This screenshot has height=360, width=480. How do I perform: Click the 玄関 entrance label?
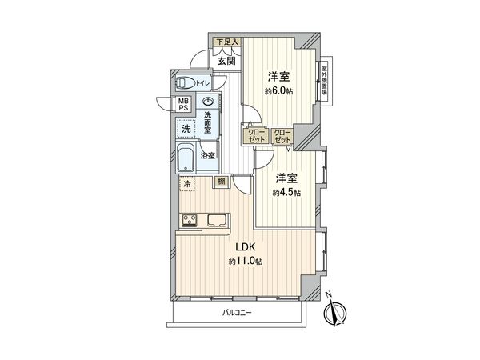pos(226,61)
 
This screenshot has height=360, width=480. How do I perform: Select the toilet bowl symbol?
pos(184,82)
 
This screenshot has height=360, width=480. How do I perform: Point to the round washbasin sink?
pos(208,102)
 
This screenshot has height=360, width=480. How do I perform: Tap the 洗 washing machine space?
pos(186,129)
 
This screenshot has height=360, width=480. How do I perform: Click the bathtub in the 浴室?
pos(186,159)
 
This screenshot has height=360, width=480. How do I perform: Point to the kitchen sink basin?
pos(217,218)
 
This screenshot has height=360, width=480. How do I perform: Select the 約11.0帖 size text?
pos(244,262)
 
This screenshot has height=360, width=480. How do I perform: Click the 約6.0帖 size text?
pos(279,90)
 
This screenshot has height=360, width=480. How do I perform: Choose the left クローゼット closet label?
pos(255,137)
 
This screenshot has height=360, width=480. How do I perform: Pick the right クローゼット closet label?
pos(282,137)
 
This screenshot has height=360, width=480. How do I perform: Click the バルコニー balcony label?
pos(238,312)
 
